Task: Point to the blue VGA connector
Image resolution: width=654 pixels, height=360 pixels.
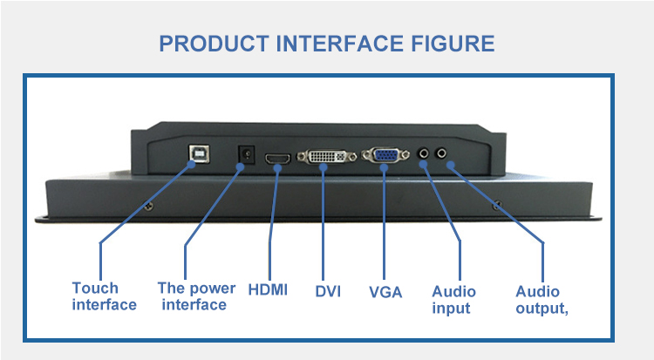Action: point(384,156)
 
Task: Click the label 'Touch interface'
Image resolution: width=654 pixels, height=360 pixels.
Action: point(104,296)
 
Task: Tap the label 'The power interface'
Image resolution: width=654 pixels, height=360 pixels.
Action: point(196,296)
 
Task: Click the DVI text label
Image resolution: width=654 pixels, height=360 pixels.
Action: point(328,290)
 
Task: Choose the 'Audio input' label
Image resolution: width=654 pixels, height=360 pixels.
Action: point(453,299)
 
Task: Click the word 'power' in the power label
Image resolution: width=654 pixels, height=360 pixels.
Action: point(212,288)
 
